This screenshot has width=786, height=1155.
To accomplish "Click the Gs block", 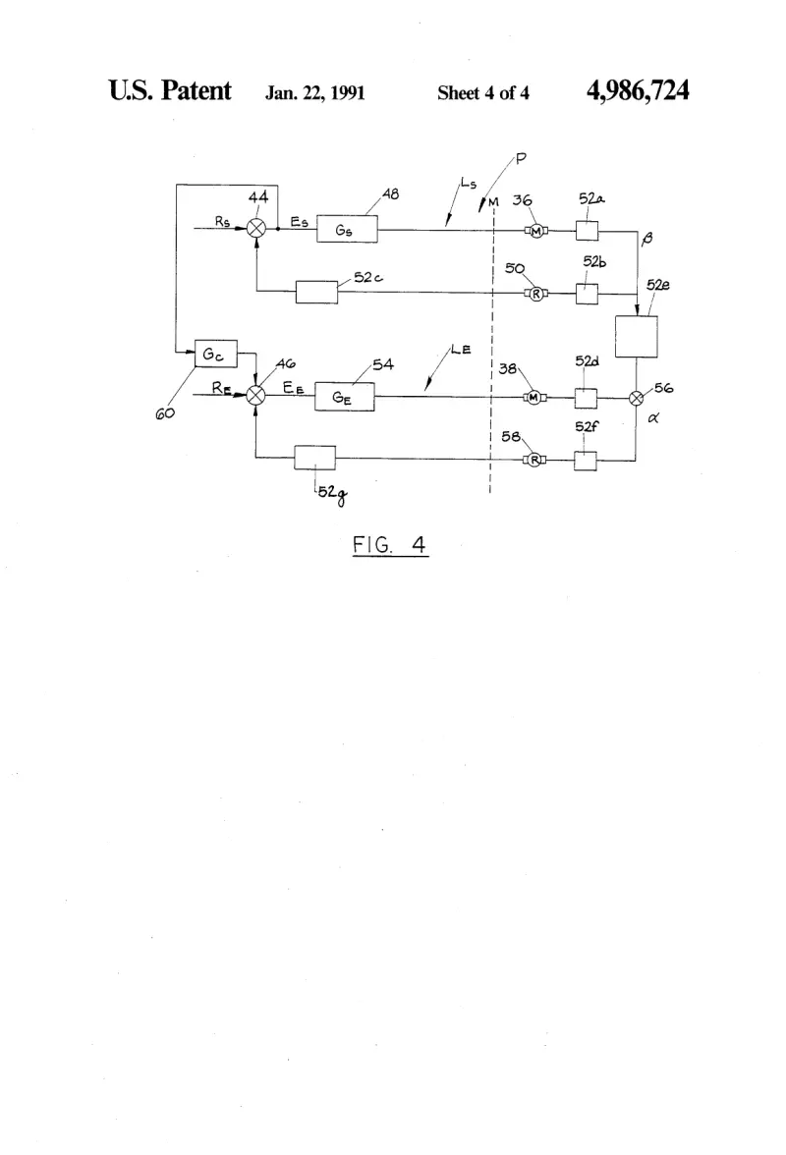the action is (x=347, y=229).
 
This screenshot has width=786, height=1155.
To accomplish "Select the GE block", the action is (x=344, y=397).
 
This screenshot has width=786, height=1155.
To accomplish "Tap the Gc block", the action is (x=215, y=354).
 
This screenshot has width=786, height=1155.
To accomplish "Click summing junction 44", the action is (x=256, y=228).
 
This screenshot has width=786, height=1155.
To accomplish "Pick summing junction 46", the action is (x=255, y=396).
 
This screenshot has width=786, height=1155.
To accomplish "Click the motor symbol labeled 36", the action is (x=536, y=232).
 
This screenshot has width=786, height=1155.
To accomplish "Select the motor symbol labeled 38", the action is (x=534, y=398).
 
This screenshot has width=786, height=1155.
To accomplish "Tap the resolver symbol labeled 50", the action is (x=536, y=294).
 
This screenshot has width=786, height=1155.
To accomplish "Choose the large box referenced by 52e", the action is (x=636, y=337).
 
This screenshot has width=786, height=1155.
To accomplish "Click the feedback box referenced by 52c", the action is (x=316, y=293).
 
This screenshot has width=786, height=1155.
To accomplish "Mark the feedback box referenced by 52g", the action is (x=314, y=458).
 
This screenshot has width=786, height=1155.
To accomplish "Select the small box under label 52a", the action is (x=588, y=231).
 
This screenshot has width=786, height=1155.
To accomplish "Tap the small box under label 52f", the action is (x=586, y=462).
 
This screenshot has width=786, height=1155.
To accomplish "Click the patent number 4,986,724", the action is (x=638, y=90).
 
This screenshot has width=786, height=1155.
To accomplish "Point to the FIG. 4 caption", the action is (x=390, y=545).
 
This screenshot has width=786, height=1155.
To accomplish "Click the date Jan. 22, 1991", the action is (x=315, y=92).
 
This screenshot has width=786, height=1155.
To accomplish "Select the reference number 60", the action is (x=165, y=414).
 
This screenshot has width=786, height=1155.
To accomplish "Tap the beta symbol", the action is (x=647, y=239).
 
